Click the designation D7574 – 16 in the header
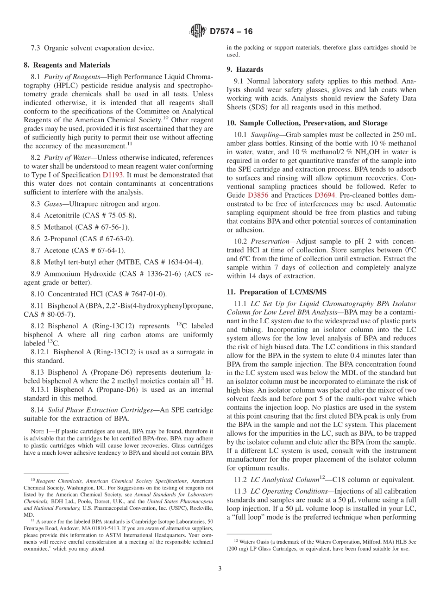coord(231,31)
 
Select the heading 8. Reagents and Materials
coord(67,65)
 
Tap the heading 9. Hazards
coord(245,69)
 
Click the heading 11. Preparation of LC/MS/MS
coord(277,292)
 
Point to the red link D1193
coord(112,175)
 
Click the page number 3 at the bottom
coord(220,569)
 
